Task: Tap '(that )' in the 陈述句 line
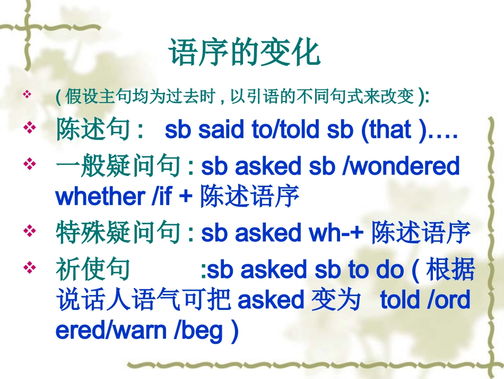point(394,130)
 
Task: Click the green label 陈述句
point(93,130)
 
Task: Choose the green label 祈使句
point(93,270)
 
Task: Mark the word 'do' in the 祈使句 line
point(390,270)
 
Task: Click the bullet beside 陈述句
point(30,128)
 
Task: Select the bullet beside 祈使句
point(30,267)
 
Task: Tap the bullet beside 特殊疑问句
point(30,230)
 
